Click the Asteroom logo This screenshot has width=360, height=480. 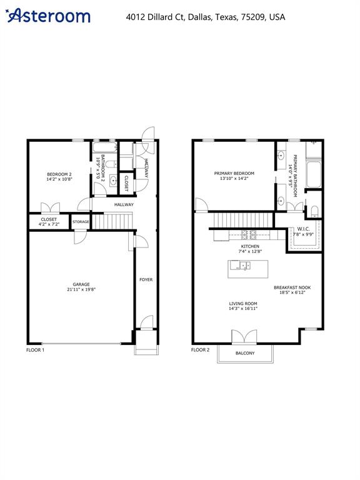click(48, 16)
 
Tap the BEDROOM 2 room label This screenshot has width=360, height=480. click(59, 174)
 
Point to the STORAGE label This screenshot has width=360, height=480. click(80, 222)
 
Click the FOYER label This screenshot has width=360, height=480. click(146, 279)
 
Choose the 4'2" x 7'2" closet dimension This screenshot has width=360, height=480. click(49, 224)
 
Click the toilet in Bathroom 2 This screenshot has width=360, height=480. click(109, 164)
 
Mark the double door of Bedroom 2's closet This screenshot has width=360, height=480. click(49, 207)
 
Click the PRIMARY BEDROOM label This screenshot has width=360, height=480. click(234, 174)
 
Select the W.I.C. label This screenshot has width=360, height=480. click(304, 229)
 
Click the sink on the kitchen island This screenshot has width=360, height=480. click(236, 265)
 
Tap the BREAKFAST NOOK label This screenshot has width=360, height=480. click(292, 288)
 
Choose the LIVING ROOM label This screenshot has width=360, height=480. click(242, 303)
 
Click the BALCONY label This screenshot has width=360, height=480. click(245, 354)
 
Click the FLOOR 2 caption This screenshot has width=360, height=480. click(201, 350)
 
